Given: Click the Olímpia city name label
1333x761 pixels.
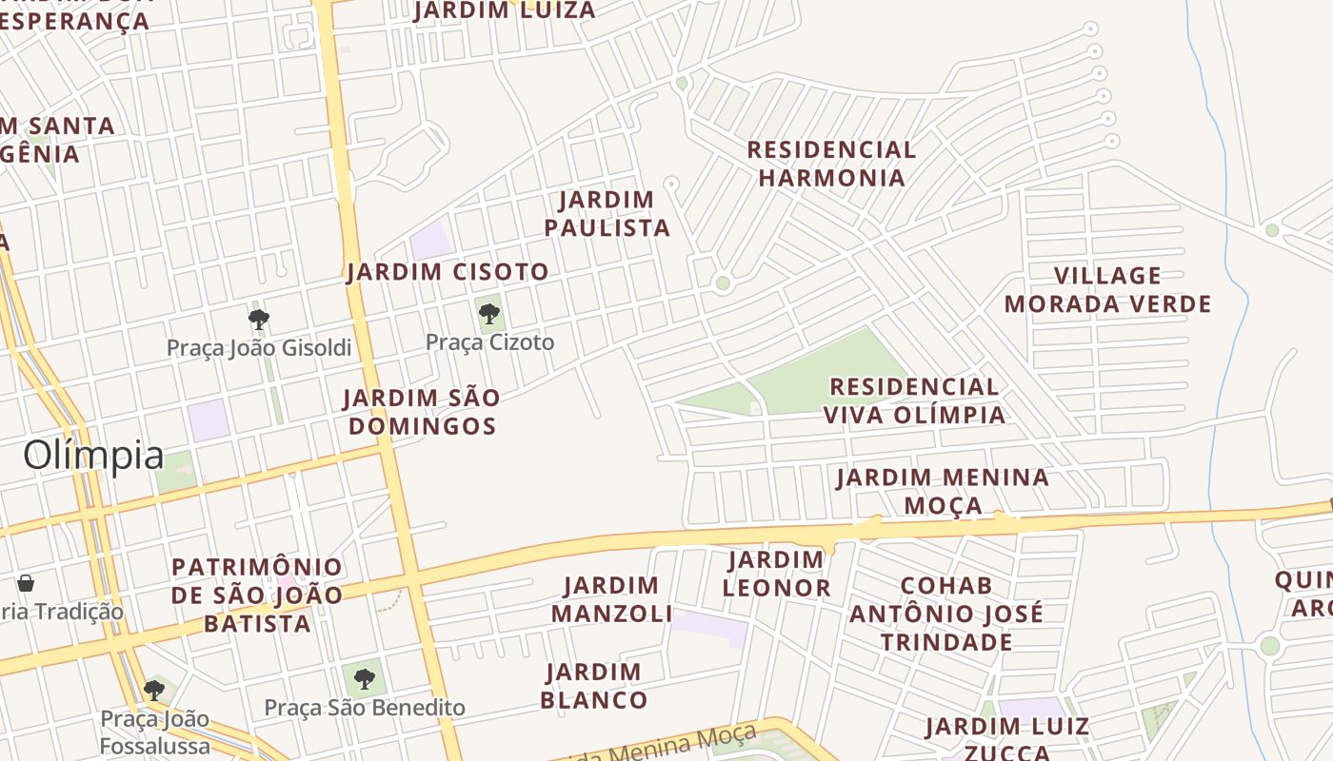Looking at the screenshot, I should point(93,455).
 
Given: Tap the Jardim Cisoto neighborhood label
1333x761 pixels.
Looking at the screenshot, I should point(448,272).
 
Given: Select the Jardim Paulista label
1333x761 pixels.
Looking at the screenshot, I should point(607,214).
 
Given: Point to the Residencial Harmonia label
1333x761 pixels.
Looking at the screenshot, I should point(831,164).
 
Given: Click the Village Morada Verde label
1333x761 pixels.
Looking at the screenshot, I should point(1107,290).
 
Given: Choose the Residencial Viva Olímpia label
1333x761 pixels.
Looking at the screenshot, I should point(914,400).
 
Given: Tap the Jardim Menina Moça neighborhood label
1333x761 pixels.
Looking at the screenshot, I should point(943,490).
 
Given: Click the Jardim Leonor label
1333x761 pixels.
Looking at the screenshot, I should point(776,574).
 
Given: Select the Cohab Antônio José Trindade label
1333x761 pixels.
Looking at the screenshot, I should point(946,614).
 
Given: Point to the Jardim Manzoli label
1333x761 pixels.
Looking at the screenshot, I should point(611,599).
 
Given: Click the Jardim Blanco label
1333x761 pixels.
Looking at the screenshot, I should point(596,686).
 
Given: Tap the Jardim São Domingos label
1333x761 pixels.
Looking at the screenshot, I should point(422,411).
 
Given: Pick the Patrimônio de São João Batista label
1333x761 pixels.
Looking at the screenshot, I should point(257,595).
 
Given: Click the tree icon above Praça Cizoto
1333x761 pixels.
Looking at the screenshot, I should point(489,313).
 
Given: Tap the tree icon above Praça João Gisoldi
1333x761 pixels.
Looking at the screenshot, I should point(258,319).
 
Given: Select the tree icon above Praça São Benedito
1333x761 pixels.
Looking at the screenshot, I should point(364,678).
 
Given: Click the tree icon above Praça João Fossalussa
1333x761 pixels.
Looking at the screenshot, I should point(154,690).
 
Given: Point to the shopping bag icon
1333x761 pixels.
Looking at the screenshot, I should point(26,583).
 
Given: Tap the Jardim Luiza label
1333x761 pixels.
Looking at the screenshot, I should point(505,10).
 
